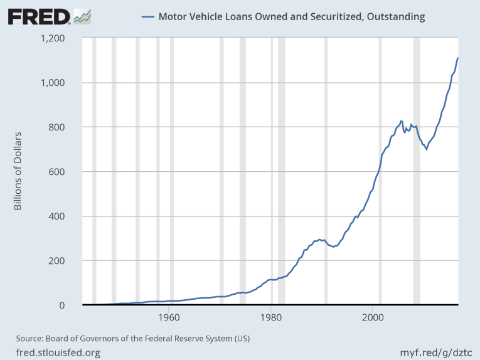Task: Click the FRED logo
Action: (x=39, y=16)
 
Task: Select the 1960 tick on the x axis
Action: (x=168, y=317)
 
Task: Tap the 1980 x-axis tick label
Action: (x=270, y=317)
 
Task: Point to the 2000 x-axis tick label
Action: (x=373, y=317)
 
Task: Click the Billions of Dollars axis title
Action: (x=18, y=171)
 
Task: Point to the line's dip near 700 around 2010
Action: (x=427, y=149)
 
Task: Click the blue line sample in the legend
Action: (x=148, y=17)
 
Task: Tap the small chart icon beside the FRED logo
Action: (x=82, y=16)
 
